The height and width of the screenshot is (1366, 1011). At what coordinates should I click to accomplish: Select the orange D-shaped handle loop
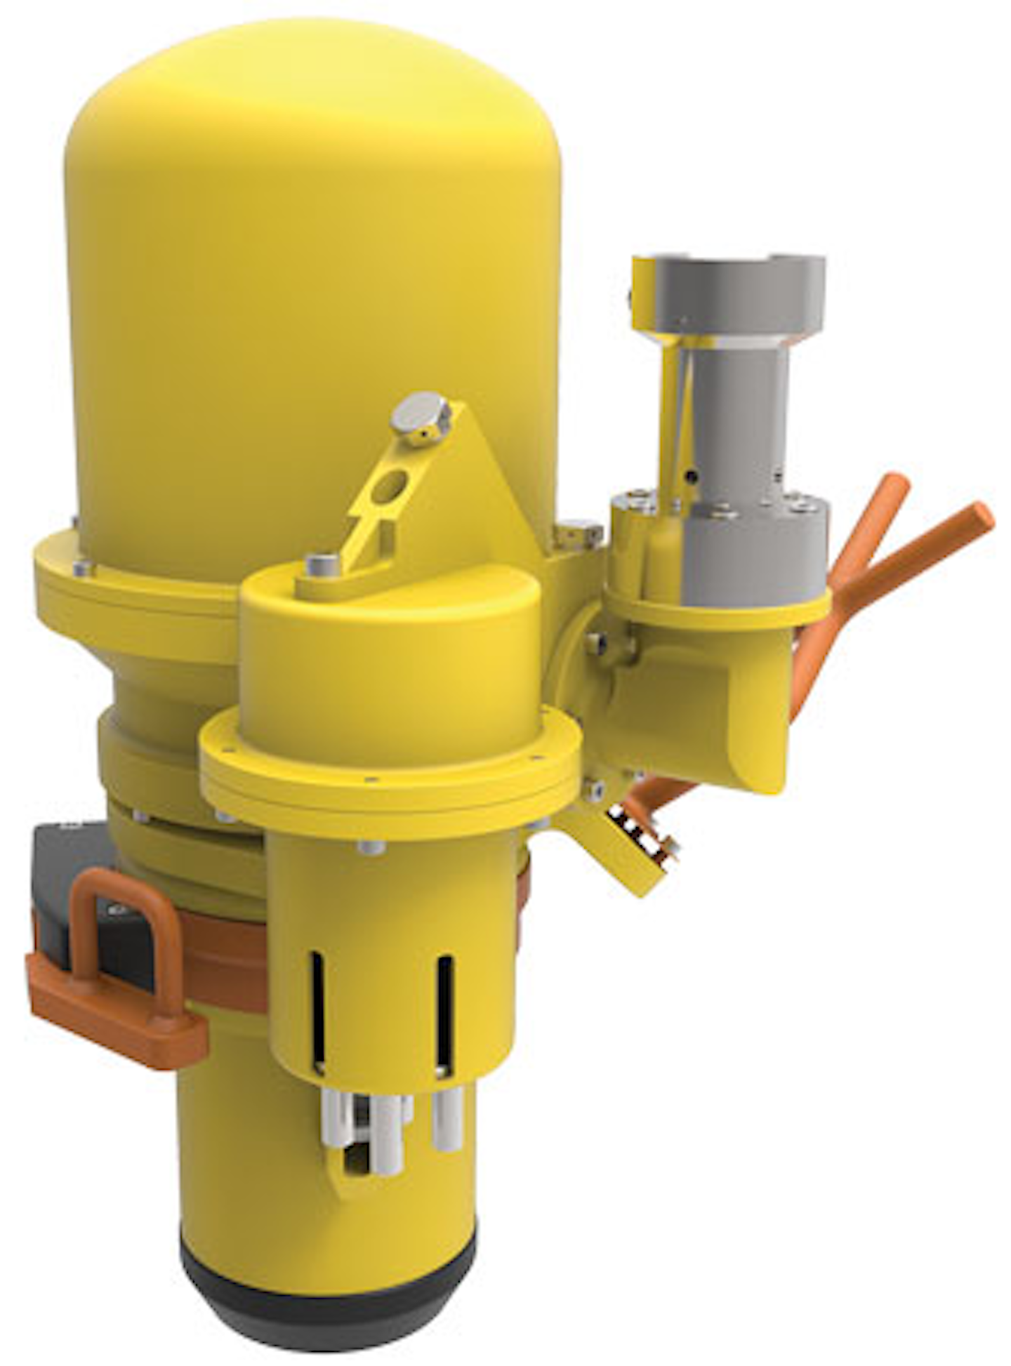point(123,913)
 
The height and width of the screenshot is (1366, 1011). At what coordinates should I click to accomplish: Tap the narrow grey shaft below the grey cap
point(744,414)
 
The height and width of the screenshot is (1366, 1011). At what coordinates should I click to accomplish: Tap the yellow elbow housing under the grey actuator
point(702,709)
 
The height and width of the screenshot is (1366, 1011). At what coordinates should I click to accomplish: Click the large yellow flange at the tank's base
point(126,597)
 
